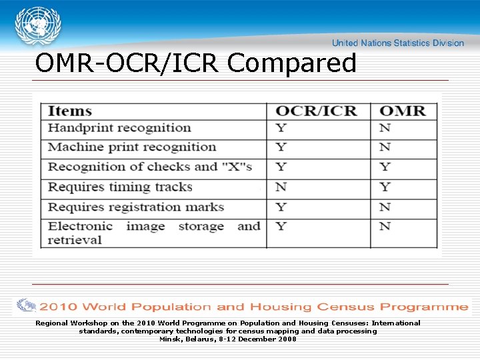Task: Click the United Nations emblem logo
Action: [37, 27]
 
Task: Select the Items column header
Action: [70, 111]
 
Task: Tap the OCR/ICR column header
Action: [316, 111]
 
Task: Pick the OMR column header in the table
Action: [402, 111]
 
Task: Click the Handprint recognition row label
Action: [119, 128]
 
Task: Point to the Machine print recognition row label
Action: [132, 147]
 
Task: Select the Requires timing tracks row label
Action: [120, 187]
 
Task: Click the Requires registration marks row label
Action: [136, 207]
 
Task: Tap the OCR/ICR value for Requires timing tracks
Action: [281, 187]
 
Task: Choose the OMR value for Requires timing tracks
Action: [385, 187]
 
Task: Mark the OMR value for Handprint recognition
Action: [385, 128]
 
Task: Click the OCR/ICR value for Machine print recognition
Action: [281, 147]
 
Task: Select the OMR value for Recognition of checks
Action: [385, 167]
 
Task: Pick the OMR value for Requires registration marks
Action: [385, 207]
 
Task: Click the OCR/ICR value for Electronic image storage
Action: [281, 227]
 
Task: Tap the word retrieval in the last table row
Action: [75, 240]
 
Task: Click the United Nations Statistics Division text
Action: [397, 43]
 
